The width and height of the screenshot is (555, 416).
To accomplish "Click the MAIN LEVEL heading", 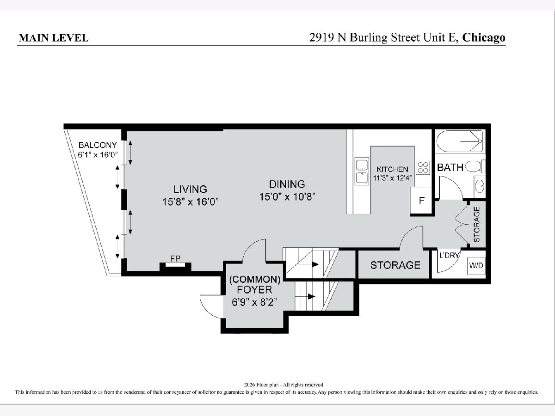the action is pyautogui.click(x=54, y=38).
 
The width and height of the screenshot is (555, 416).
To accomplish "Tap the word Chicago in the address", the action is pyautogui.click(x=483, y=38).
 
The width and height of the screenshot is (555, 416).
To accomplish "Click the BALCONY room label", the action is pyautogui.click(x=98, y=145).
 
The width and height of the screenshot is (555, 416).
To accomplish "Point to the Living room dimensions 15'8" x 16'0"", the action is pyautogui.click(x=190, y=202).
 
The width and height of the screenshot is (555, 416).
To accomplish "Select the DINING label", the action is pyautogui.click(x=287, y=184).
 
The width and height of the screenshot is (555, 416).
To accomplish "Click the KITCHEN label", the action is pyautogui.click(x=392, y=169).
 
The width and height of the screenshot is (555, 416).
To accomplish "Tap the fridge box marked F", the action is pyautogui.click(x=421, y=201).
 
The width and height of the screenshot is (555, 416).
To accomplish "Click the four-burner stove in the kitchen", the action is pyautogui.click(x=423, y=168).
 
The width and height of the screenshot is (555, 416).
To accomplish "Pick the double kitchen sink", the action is pyautogui.click(x=362, y=171).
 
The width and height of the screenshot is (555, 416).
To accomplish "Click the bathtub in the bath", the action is pyautogui.click(x=459, y=141).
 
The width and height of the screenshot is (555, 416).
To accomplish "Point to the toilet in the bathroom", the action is pyautogui.click(x=475, y=166).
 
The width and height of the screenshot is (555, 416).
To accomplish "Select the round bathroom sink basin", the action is pyautogui.click(x=480, y=186).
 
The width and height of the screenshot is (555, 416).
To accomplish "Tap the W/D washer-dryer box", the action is pyautogui.click(x=476, y=265).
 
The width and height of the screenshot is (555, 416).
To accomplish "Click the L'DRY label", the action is pyautogui.click(x=449, y=255).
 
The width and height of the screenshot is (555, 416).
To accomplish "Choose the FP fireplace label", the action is pyautogui.click(x=175, y=258).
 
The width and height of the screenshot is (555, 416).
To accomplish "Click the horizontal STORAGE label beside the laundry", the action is pyautogui.click(x=395, y=265).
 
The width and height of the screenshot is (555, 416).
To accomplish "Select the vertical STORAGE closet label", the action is pyautogui.click(x=477, y=224).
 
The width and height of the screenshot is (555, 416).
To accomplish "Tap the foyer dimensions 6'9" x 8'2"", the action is pyautogui.click(x=254, y=302).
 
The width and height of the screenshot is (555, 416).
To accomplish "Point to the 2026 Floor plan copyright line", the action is pyautogui.click(x=284, y=385).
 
